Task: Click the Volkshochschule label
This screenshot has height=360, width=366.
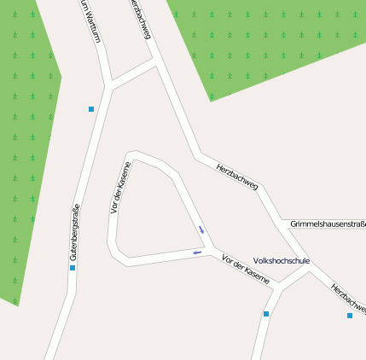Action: [282, 261]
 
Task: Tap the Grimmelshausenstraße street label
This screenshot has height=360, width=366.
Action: [327, 224]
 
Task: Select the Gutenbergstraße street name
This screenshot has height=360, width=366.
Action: [74, 232]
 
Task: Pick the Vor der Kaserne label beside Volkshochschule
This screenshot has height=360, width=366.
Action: [245, 269]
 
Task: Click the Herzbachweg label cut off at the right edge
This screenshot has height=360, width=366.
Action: [350, 299]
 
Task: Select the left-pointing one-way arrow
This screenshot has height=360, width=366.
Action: [197, 253]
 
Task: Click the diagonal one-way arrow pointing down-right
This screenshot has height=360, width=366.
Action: [201, 229]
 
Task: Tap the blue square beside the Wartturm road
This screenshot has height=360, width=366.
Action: [91, 109]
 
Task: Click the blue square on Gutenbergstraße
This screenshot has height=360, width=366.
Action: [73, 268]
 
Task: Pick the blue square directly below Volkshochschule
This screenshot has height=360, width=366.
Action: [266, 314]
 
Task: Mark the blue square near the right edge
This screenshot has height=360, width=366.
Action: [349, 316]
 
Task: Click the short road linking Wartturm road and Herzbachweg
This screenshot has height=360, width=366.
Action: [133, 75]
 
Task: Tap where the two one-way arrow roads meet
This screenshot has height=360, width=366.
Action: [210, 247]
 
